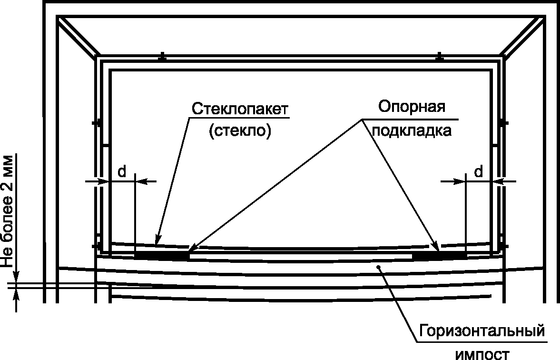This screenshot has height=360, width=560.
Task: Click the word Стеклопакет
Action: click(240, 109)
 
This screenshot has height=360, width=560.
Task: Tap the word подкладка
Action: click(412, 130)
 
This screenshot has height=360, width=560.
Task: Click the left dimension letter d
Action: click(122, 171)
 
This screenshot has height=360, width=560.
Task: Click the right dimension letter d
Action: click(479, 171)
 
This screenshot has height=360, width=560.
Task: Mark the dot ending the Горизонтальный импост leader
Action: click(378, 267)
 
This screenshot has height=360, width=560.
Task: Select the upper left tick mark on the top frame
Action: click(162, 57)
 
